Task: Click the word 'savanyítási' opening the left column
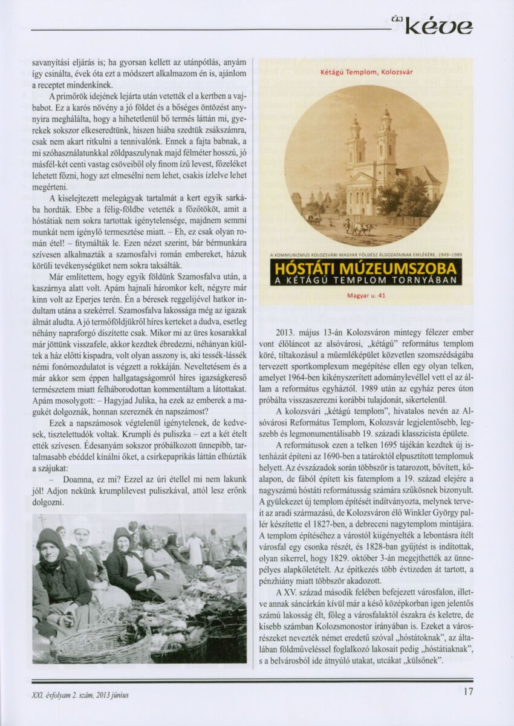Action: pos(51,62)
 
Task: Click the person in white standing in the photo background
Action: pos(195,549)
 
